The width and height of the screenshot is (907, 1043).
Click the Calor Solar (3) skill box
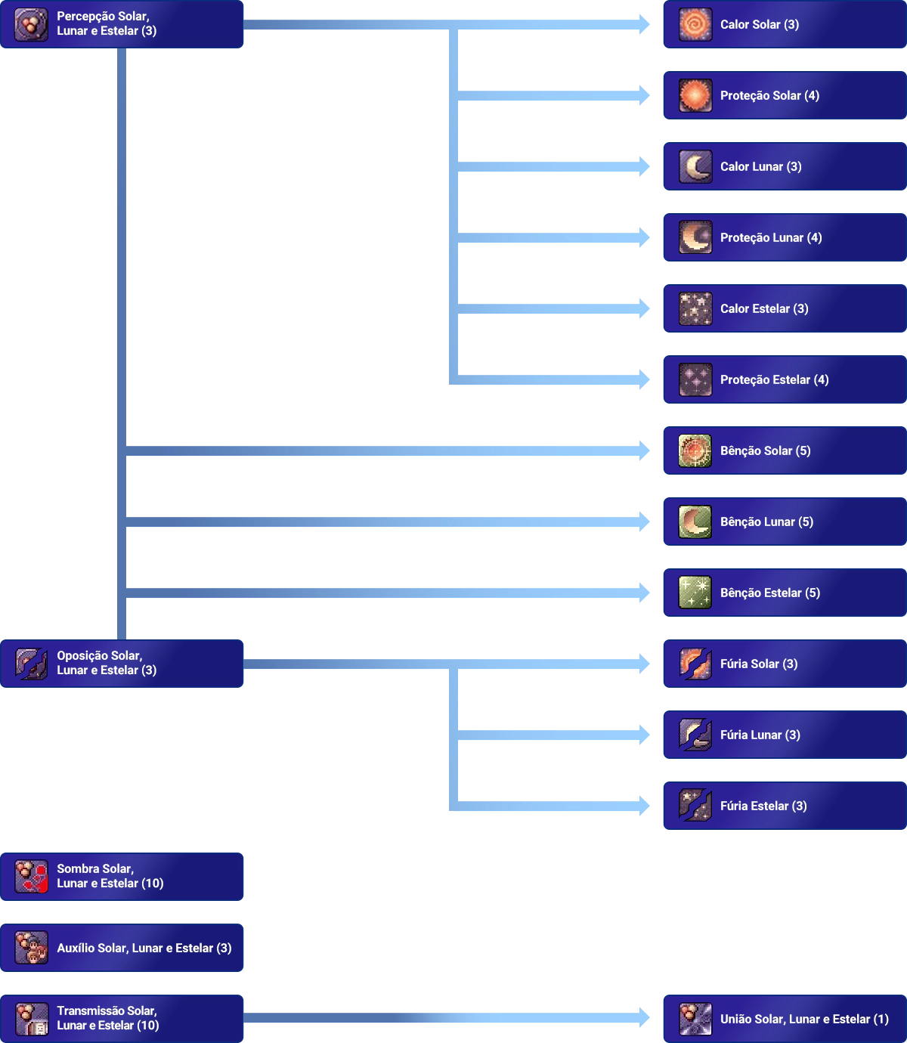[782, 24]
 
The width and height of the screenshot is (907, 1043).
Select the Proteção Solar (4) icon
[695, 96]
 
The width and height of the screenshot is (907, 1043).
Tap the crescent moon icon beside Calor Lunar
[695, 167]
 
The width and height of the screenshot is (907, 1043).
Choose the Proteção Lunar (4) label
[771, 237]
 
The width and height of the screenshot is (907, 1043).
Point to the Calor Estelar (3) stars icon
[695, 309]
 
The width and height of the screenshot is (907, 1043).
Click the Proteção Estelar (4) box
[782, 379]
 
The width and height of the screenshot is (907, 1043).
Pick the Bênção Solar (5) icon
[695, 451]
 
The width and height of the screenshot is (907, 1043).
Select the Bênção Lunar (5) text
[766, 521]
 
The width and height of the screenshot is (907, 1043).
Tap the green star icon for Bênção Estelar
[695, 593]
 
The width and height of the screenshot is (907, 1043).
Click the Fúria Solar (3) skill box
[782, 664]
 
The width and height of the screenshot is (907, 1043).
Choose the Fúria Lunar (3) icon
[695, 735]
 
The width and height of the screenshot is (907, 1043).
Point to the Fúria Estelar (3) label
[763, 806]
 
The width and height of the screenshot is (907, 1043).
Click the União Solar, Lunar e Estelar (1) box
[782, 1019]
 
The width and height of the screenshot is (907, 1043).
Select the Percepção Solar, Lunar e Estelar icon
[31, 24]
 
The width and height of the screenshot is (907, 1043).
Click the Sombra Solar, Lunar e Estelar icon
[31, 877]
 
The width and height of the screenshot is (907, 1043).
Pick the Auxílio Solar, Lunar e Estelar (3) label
[144, 948]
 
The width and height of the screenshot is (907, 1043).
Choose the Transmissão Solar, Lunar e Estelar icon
[31, 1019]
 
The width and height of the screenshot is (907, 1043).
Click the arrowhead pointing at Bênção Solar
[643, 450]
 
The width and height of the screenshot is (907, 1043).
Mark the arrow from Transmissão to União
[446, 1018]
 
